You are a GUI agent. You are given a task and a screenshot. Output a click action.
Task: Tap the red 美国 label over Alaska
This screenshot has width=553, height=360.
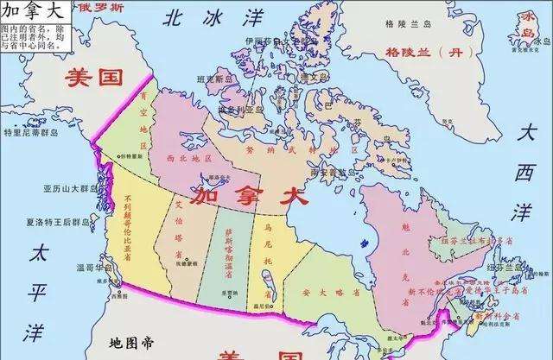pyautogui.click(x=94, y=77)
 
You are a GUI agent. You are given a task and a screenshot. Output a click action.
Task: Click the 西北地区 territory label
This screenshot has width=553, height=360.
pyautogui.click(x=189, y=160)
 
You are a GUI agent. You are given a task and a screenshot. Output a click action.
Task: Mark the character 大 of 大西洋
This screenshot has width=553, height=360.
pyautogui.click(x=527, y=133)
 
